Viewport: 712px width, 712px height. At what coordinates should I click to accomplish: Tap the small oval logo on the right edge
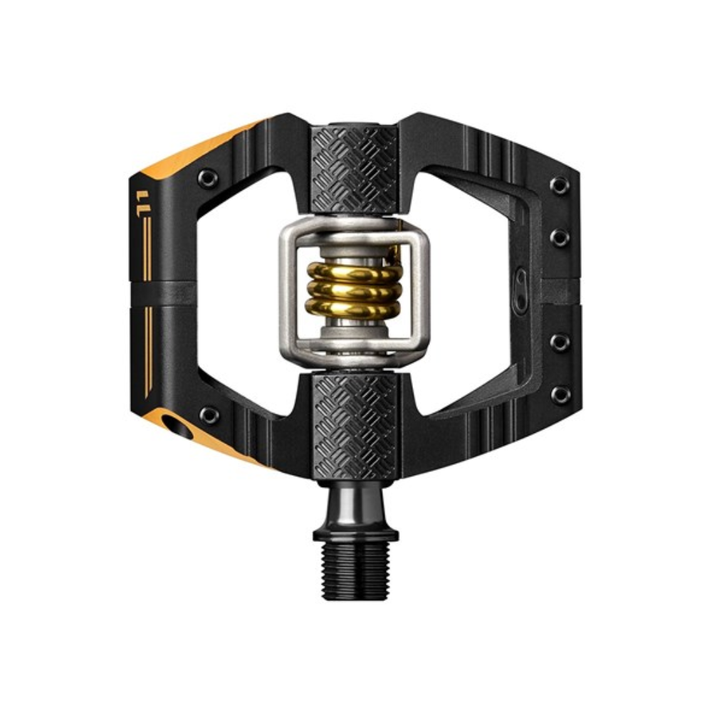click(x=520, y=281)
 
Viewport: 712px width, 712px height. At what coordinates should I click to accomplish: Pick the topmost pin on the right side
click(x=560, y=186)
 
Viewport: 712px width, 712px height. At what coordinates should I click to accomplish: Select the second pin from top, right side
click(x=560, y=237)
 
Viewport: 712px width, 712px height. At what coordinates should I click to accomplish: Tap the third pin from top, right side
click(x=560, y=342)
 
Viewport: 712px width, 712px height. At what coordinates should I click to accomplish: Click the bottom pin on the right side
click(x=560, y=395)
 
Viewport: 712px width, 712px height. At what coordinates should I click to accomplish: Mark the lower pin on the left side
click(x=208, y=414)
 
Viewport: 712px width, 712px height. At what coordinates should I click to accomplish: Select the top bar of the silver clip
click(x=354, y=230)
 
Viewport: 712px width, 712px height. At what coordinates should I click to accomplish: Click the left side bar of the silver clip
click(x=288, y=292)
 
